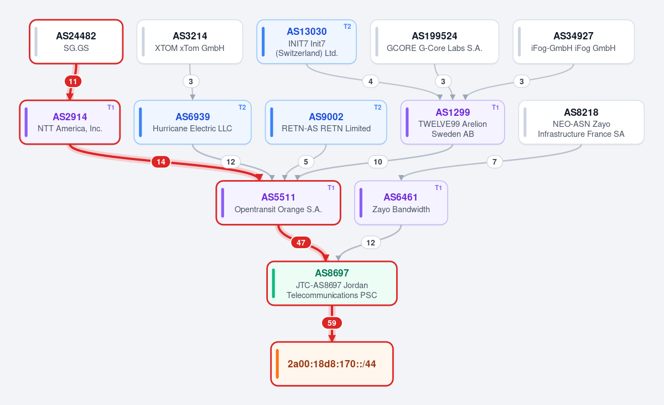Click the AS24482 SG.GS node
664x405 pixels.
tap(76, 42)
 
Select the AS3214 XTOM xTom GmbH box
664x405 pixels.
tap(190, 42)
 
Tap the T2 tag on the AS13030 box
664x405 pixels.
tap(347, 27)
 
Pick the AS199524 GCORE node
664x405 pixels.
tap(434, 42)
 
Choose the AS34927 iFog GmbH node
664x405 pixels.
tap(573, 42)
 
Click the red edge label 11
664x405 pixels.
tap(73, 81)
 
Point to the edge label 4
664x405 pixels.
tap(371, 81)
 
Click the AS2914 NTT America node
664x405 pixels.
tap(70, 122)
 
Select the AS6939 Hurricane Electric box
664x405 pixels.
tap(193, 122)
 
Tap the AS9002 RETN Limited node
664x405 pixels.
tap(326, 122)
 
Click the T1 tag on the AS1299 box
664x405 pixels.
tap(495, 107)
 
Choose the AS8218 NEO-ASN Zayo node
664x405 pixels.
tap(582, 122)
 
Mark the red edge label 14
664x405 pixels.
tap(161, 162)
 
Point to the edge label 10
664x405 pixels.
tap(377, 162)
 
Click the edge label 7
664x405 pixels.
tap(495, 162)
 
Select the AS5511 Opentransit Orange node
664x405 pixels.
tap(278, 203)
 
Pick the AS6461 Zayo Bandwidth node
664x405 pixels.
tap(401, 203)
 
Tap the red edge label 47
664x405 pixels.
tap(301, 243)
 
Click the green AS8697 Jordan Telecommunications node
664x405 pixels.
tap(332, 283)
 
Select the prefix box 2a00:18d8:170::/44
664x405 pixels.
tap(332, 364)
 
